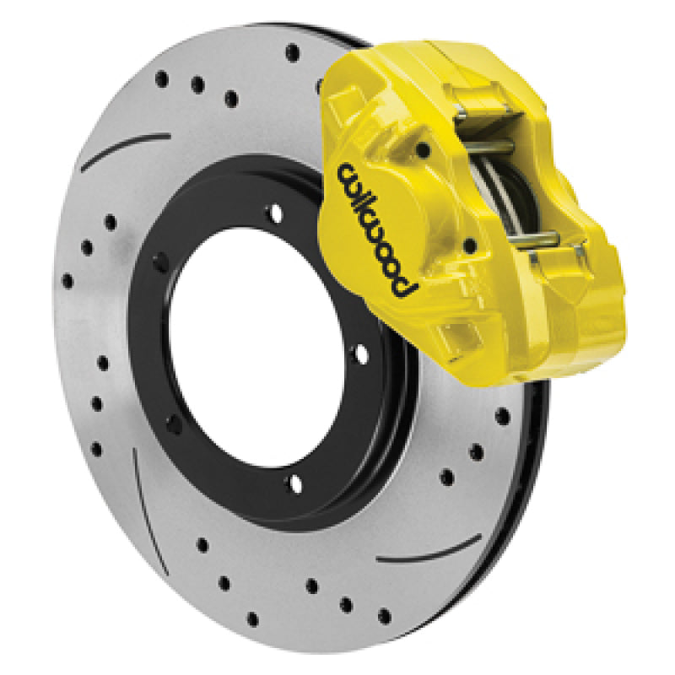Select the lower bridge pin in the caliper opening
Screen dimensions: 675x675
pos(532,239)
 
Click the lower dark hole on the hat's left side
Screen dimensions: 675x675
pos(175,419)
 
